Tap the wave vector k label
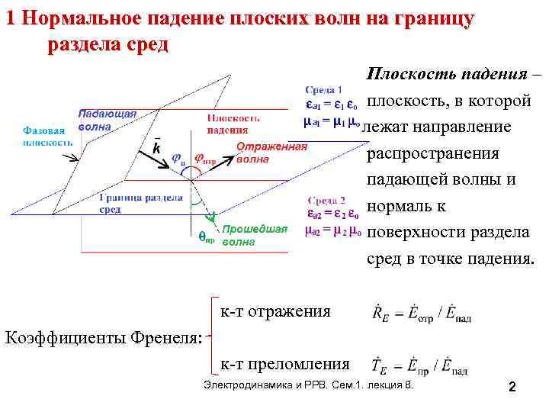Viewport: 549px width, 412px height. [x=156, y=147]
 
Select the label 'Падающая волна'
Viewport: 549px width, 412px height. [x=107, y=121]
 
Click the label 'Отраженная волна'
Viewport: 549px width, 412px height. [x=271, y=153]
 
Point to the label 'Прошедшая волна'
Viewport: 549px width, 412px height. [x=255, y=236]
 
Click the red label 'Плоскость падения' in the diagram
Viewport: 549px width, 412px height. [x=235, y=124]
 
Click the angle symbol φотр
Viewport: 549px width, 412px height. [x=204, y=159]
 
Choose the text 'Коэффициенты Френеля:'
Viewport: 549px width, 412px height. [x=104, y=337]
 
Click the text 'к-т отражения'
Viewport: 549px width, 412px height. [x=275, y=311]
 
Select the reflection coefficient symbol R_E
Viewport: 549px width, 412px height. [x=378, y=313]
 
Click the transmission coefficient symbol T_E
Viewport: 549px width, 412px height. [x=378, y=367]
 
